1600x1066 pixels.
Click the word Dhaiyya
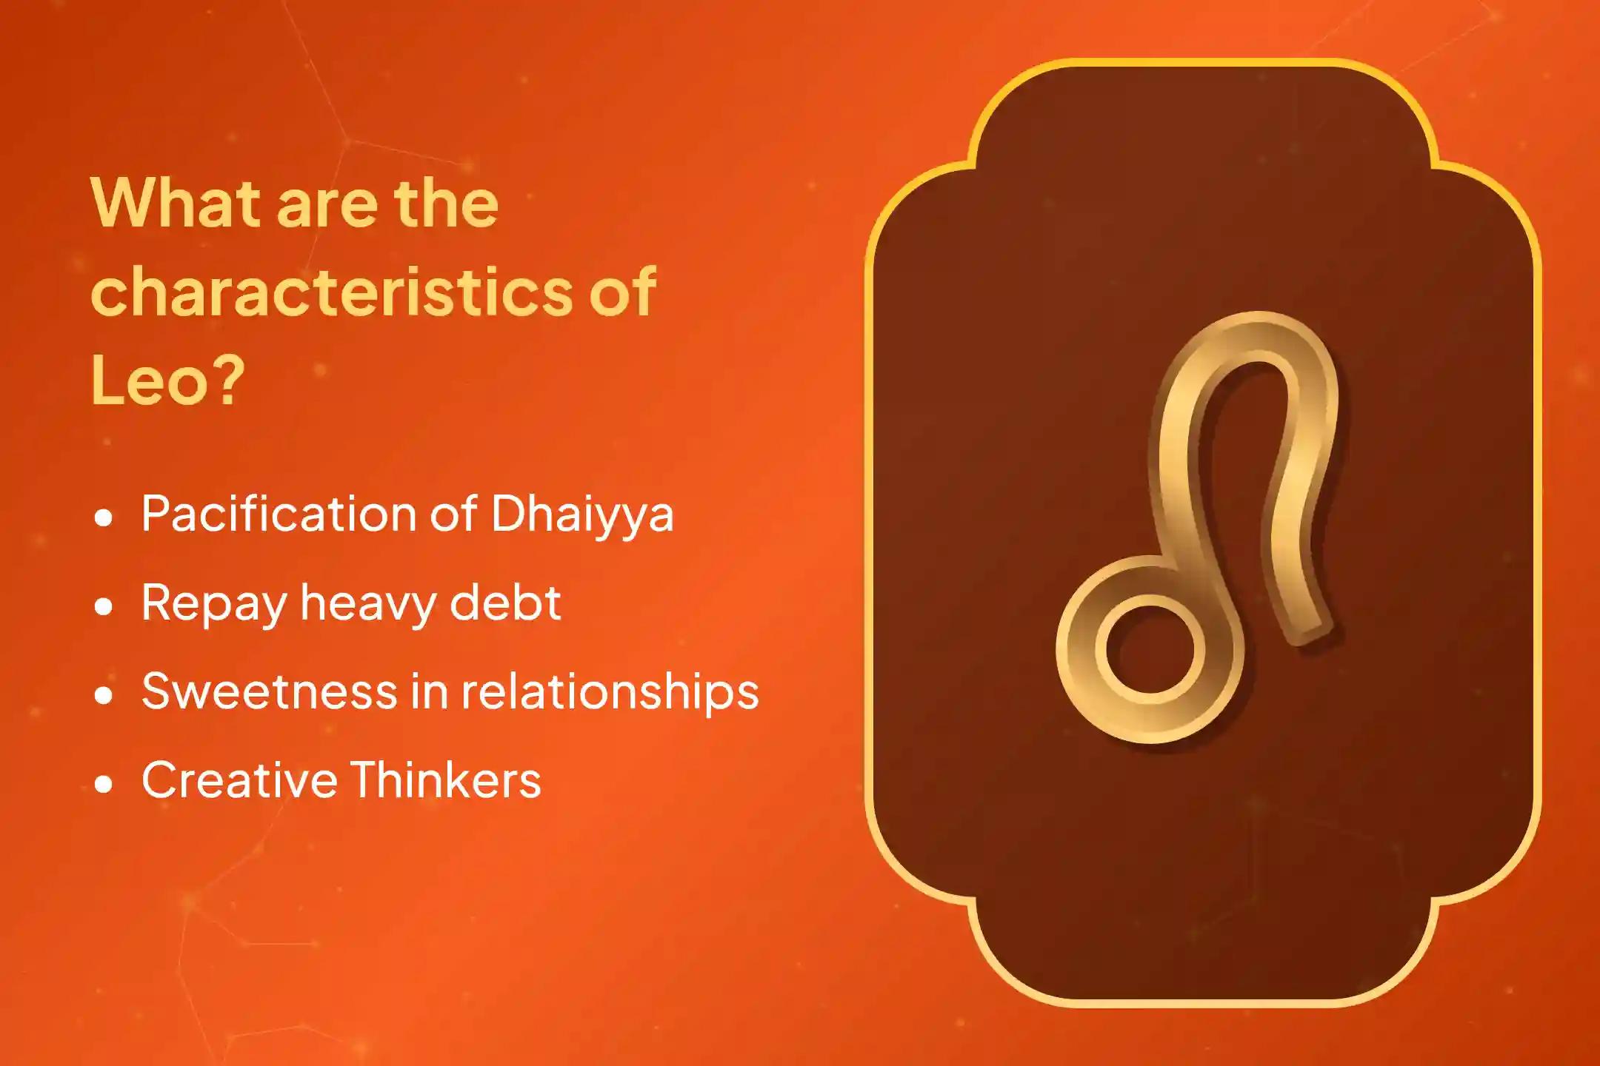pyautogui.click(x=582, y=514)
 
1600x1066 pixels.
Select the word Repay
pyautogui.click(x=214, y=604)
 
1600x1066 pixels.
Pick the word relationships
pyautogui.click(x=610, y=692)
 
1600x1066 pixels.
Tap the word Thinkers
pyautogui.click(x=445, y=780)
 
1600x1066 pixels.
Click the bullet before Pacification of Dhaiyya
pyautogui.click(x=104, y=518)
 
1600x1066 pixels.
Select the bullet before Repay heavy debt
pyautogui.click(x=104, y=607)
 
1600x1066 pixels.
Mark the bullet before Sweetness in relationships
pyautogui.click(x=104, y=696)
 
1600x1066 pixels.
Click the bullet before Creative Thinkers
pyautogui.click(x=104, y=785)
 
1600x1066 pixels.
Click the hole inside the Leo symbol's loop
pyautogui.click(x=1150, y=649)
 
